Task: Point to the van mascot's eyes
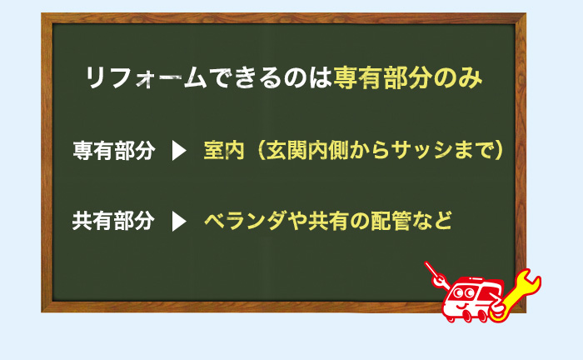[x=461, y=296]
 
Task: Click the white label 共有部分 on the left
[x=113, y=222]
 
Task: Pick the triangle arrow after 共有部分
[x=177, y=222]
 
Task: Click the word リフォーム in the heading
[x=145, y=79]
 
